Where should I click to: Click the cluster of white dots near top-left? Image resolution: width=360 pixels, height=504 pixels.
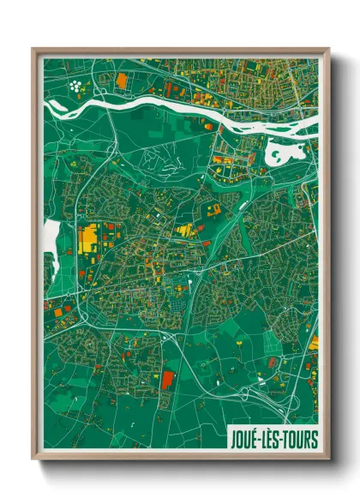point(79,85)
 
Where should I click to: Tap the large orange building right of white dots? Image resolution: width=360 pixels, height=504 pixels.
point(121,81)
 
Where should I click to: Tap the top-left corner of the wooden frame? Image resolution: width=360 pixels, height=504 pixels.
point(33,49)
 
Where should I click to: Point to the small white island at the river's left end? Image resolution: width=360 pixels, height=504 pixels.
point(55,105)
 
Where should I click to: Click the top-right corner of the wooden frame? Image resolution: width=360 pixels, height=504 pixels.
point(328,49)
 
